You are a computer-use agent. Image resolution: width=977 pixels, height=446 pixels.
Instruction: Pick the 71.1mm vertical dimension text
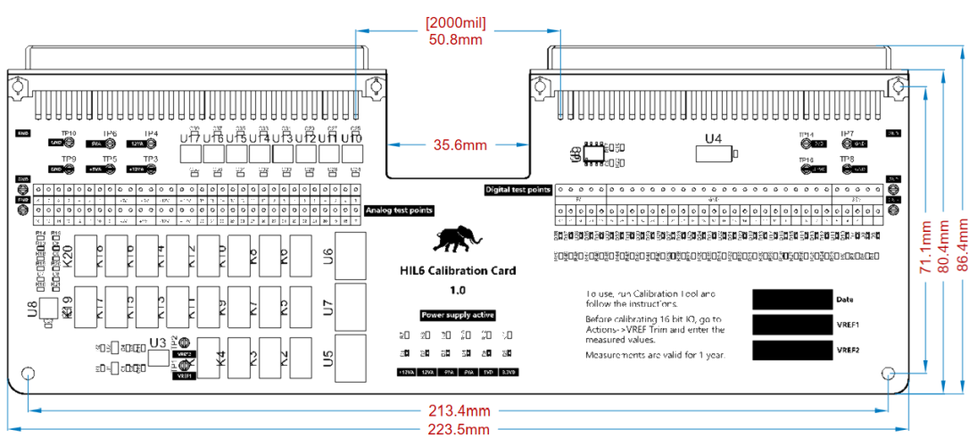tap(928, 247)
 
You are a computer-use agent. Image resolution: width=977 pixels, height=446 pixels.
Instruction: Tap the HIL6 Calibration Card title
tap(458, 270)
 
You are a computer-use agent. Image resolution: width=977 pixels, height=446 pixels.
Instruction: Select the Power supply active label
tap(458, 315)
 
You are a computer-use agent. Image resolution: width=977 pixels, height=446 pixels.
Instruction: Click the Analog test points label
tap(399, 211)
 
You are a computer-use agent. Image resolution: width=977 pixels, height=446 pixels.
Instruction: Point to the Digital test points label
tap(517, 189)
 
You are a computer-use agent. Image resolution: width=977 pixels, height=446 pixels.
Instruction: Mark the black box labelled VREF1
tap(791, 325)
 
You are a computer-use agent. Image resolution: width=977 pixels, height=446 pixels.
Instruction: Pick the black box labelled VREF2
tap(791, 351)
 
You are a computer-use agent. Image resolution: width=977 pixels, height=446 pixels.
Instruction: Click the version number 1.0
tap(458, 290)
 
